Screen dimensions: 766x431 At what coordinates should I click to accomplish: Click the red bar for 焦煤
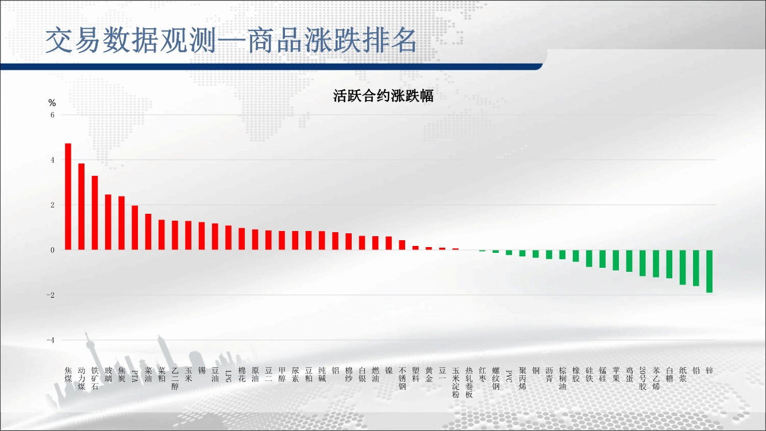click(x=68, y=197)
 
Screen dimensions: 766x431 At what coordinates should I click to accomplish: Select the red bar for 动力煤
click(x=82, y=207)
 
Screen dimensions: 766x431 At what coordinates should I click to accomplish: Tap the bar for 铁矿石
click(x=95, y=213)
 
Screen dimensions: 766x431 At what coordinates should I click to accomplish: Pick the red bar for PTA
click(x=134, y=228)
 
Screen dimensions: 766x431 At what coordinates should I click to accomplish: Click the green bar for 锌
click(x=710, y=271)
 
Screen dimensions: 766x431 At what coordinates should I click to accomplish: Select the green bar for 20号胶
click(x=642, y=263)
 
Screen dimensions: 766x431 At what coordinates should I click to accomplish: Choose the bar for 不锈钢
click(x=402, y=245)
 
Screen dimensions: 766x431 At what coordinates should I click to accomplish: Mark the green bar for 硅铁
click(x=589, y=258)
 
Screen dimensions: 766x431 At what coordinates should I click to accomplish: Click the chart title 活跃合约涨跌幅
click(x=383, y=96)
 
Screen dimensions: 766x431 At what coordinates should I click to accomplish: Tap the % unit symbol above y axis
click(x=52, y=103)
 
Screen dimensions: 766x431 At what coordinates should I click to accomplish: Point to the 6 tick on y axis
click(x=52, y=115)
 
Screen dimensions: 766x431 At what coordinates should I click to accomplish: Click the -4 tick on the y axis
click(x=51, y=340)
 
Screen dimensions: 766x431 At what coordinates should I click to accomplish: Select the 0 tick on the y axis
click(x=52, y=250)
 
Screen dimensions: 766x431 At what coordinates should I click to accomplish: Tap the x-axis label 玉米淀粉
click(x=456, y=382)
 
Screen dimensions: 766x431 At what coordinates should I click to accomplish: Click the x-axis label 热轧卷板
click(x=469, y=382)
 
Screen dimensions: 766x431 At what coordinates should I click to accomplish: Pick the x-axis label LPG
click(x=229, y=375)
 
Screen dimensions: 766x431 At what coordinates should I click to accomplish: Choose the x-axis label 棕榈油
click(x=563, y=378)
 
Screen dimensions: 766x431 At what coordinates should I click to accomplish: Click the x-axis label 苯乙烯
click(x=656, y=378)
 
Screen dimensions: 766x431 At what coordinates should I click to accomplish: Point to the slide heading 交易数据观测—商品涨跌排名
click(x=231, y=40)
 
